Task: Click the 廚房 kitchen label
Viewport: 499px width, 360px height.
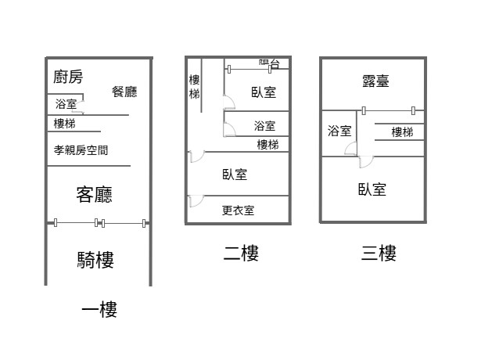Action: (x=68, y=77)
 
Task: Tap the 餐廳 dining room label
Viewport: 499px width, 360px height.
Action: (x=124, y=92)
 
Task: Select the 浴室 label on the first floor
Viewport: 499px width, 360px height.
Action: (x=66, y=104)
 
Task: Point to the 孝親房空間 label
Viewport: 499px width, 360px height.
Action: (x=81, y=150)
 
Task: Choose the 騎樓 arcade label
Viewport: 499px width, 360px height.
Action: (x=95, y=259)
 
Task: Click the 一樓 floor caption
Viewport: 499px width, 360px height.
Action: (x=99, y=311)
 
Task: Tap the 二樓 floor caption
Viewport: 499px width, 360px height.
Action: (x=241, y=253)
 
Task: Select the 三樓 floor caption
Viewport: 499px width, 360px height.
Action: (x=379, y=253)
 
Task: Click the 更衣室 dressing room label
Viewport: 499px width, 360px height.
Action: (x=238, y=210)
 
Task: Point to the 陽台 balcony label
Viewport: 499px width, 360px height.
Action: (x=269, y=63)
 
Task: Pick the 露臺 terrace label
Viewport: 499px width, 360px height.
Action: (x=375, y=81)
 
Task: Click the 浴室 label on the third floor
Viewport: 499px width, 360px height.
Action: (x=339, y=131)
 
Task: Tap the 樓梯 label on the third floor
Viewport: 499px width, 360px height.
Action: (x=402, y=132)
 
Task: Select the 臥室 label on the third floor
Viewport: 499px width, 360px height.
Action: (x=372, y=189)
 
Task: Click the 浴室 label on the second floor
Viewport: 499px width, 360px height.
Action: (x=264, y=125)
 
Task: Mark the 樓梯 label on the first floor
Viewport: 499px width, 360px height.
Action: (x=65, y=124)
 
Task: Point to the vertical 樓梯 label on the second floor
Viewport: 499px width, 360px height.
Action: (x=194, y=87)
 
